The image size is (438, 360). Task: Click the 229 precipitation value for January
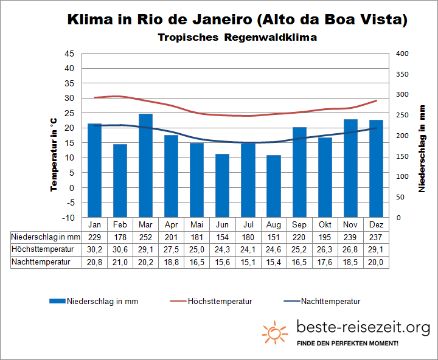[x=94, y=237]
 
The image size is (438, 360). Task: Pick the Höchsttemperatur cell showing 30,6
[x=120, y=249]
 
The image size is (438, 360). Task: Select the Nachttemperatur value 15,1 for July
[x=248, y=262]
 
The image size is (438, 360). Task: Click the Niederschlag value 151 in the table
[x=274, y=237]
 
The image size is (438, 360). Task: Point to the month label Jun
[x=223, y=224]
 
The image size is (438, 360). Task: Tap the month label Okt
[x=325, y=224]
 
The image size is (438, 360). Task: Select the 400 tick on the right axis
[x=402, y=54]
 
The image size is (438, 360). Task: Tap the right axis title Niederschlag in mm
[x=422, y=148]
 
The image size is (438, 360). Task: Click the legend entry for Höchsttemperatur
[x=220, y=301]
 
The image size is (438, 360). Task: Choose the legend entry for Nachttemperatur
[x=330, y=301]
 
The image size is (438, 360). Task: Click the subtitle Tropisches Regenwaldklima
[x=237, y=37]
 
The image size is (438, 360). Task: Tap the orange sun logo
[x=275, y=332]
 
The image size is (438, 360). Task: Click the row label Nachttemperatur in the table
[x=41, y=262]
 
